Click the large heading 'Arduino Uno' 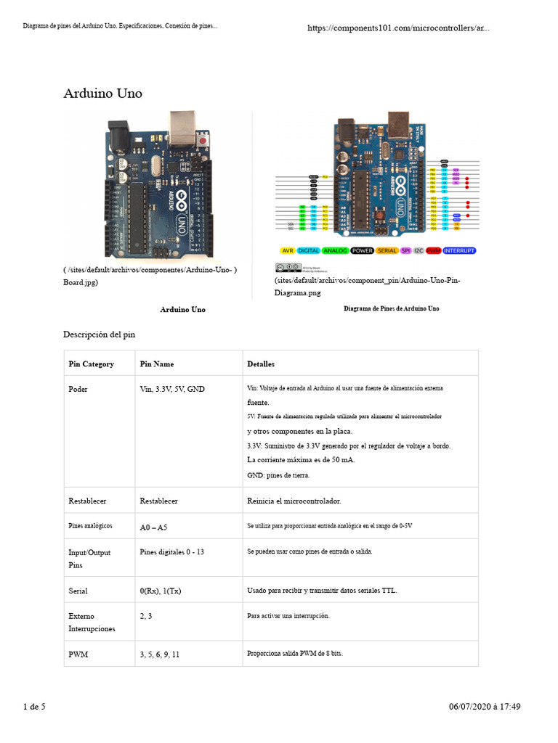(x=103, y=94)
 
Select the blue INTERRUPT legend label (x=459, y=250)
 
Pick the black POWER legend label (x=362, y=250)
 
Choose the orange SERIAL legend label (x=387, y=250)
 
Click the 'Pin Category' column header (x=91, y=364)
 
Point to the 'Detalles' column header (x=261, y=364)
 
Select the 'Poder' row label (x=78, y=389)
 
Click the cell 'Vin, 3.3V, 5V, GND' (x=172, y=389)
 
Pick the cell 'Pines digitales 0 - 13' (x=171, y=551)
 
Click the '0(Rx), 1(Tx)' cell (x=160, y=591)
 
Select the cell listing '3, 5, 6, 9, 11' (x=159, y=654)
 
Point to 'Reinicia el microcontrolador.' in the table (x=294, y=501)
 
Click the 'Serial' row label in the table (x=78, y=591)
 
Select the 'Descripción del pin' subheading (x=99, y=334)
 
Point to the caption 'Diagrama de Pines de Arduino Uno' (x=391, y=308)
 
